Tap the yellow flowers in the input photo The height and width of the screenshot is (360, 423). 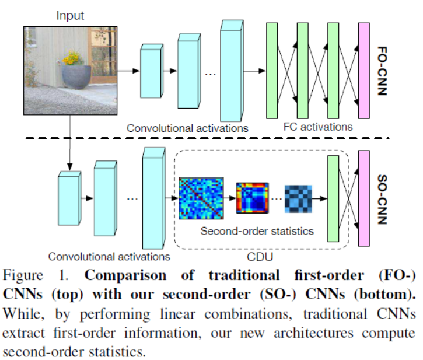tap(72, 58)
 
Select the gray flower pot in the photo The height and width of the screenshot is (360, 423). tap(74, 75)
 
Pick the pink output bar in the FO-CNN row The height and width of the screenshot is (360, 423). tap(364, 71)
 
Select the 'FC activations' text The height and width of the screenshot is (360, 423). tap(317, 126)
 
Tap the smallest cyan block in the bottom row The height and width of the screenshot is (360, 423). tap(68, 197)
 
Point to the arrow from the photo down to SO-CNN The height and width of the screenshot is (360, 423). tap(69, 140)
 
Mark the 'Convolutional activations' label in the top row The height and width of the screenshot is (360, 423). tap(188, 128)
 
